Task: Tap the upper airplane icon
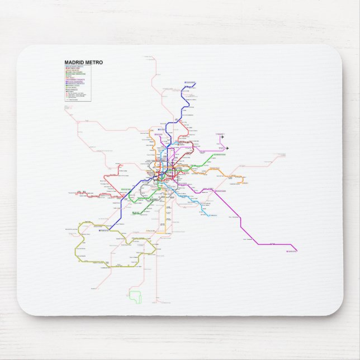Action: tap(221, 136)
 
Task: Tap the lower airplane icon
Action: tap(228, 148)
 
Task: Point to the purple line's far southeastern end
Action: tap(297, 251)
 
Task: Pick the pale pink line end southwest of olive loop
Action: tap(92, 290)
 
